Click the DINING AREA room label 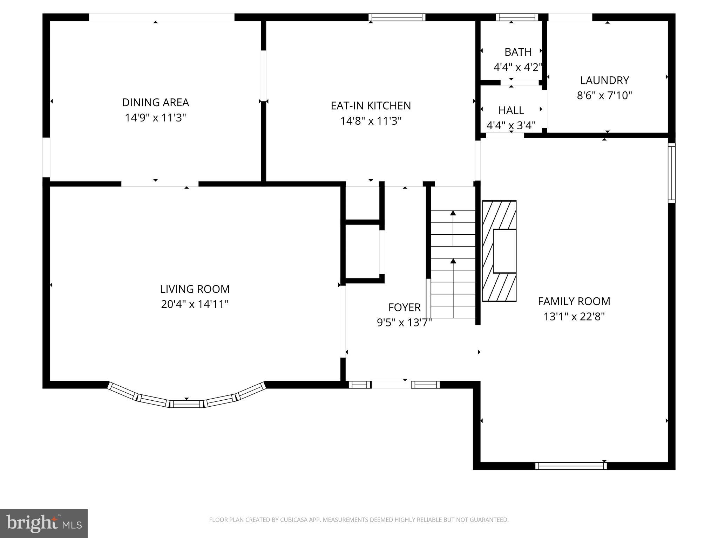pyautogui.click(x=155, y=102)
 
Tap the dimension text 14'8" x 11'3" pyautogui.click(x=371, y=121)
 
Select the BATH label pyautogui.click(x=518, y=52)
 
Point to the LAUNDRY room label pyautogui.click(x=604, y=80)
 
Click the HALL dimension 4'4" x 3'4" pyautogui.click(x=511, y=125)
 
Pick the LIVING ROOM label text pyautogui.click(x=195, y=289)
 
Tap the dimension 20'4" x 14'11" pyautogui.click(x=195, y=304)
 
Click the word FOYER pyautogui.click(x=404, y=307)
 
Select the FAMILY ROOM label pyautogui.click(x=574, y=301)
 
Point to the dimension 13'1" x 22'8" pyautogui.click(x=574, y=317)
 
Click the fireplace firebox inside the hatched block pyautogui.click(x=504, y=251)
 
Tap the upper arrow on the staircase pyautogui.click(x=453, y=213)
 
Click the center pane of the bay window pyautogui.click(x=187, y=404)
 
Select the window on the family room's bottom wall pyautogui.click(x=571, y=466)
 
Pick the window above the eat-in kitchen pyautogui.click(x=397, y=17)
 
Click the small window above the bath pyautogui.click(x=516, y=17)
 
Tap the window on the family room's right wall pyautogui.click(x=671, y=173)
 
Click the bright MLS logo pyautogui.click(x=43, y=524)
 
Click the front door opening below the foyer pyautogui.click(x=391, y=385)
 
